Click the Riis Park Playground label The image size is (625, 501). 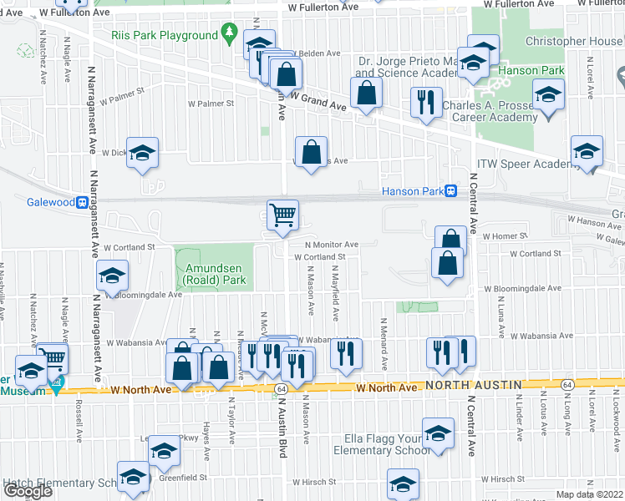[164, 36]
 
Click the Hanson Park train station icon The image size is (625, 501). [450, 191]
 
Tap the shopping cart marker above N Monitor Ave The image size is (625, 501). [282, 215]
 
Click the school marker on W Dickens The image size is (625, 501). [143, 153]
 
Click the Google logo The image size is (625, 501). [28, 491]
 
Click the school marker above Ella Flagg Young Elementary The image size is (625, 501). [438, 433]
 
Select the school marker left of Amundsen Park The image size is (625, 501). [112, 276]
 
